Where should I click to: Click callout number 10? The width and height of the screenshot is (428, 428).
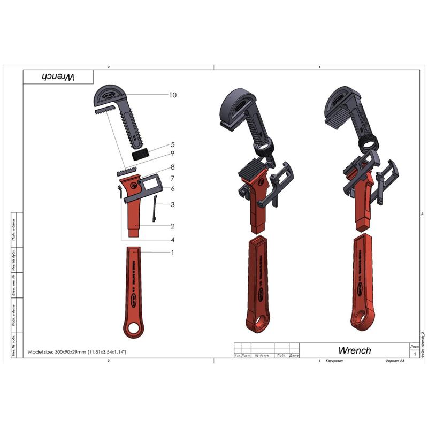172,95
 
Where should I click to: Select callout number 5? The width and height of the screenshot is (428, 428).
172,144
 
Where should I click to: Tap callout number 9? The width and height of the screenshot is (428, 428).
172,155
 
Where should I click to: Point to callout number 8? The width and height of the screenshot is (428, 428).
172,167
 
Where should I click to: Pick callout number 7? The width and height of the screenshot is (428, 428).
172,178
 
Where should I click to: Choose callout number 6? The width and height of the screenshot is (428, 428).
172,188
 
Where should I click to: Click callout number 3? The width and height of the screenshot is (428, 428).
172,204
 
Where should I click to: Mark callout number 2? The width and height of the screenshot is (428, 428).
172,226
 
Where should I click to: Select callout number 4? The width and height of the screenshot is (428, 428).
172,239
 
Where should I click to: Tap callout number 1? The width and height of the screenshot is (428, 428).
172,253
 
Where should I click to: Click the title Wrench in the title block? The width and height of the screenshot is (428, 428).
354,350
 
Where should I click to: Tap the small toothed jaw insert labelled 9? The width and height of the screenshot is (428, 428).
127,172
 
